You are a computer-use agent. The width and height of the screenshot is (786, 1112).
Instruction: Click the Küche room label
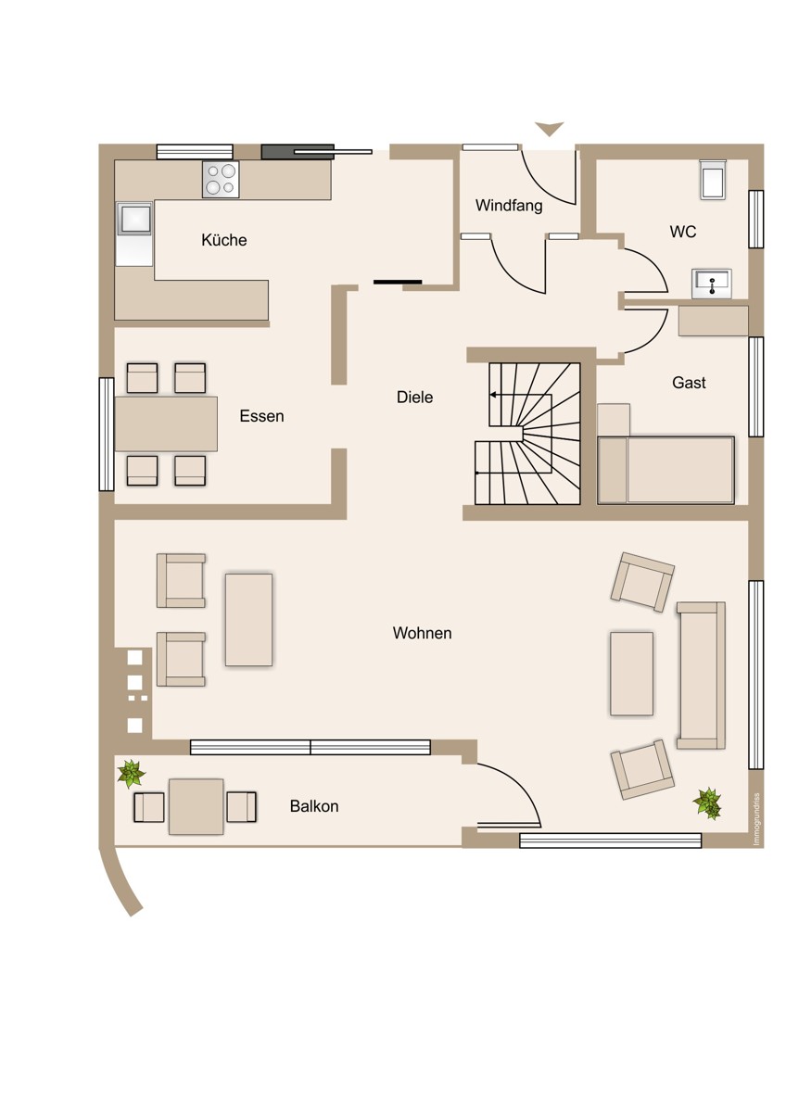pos(224,240)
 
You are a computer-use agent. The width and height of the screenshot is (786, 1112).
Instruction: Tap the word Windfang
pos(509,206)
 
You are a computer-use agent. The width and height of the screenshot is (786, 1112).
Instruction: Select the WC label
pos(683,232)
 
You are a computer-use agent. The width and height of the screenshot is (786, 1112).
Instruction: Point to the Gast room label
pos(689,382)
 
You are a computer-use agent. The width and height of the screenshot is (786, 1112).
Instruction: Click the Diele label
pos(414,398)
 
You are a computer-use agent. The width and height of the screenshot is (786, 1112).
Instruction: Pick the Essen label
pos(261,416)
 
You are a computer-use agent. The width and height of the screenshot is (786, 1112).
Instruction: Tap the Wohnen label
pos(422,633)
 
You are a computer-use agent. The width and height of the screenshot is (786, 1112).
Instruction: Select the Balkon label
pos(314,806)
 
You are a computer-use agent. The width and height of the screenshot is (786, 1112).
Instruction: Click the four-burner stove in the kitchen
pos(221,179)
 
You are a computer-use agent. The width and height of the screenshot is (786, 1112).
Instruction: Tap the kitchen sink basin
pos(134,219)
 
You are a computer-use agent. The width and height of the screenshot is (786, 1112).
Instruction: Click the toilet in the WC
pos(713,180)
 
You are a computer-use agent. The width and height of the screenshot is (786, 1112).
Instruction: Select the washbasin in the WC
pos(712,284)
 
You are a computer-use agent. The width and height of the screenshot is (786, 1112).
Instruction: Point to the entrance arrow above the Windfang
pos(550,129)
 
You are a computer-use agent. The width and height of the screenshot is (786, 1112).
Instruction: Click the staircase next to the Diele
pos(527,434)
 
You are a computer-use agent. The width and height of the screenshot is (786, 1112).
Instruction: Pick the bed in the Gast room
pos(666,470)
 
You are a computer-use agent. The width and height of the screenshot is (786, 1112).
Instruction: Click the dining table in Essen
pos(166,423)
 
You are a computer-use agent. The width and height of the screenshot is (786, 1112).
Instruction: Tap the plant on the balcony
pos(131,774)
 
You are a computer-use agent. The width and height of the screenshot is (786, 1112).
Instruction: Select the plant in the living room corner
pos(707,802)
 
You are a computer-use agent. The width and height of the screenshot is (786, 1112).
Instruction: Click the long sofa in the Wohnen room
pos(701,676)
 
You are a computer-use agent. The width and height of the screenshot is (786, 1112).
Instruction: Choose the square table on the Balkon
pos(196,807)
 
